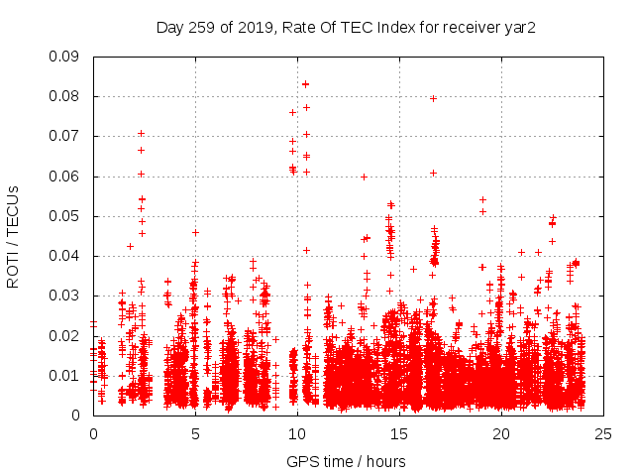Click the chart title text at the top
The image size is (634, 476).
[x=346, y=27]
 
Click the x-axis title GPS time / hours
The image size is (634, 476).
[x=346, y=461]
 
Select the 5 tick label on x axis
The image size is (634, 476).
[x=195, y=433]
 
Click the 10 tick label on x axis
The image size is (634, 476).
[x=297, y=433]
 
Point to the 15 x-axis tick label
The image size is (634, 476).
[x=399, y=433]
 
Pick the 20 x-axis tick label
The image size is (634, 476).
[x=501, y=433]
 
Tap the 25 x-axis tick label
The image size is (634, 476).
[x=603, y=433]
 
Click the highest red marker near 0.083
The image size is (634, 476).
[x=306, y=84]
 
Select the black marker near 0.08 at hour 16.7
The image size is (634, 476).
[x=434, y=98]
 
